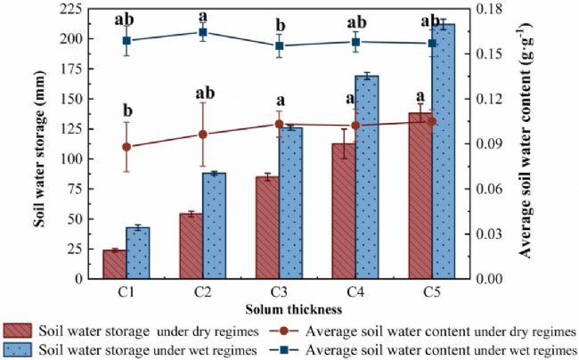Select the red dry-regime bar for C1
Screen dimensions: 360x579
click(114, 264)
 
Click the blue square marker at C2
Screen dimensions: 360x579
click(202, 32)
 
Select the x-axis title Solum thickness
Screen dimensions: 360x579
click(280, 309)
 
